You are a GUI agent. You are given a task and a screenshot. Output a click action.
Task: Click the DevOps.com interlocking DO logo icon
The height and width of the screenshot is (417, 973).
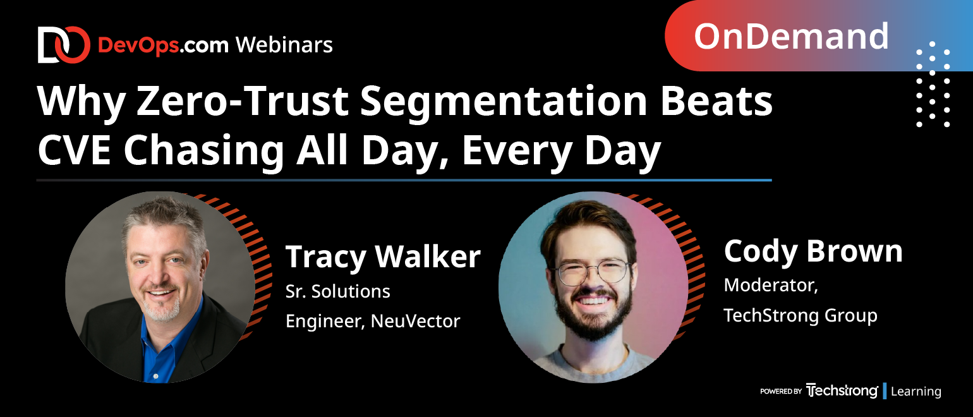click(64, 45)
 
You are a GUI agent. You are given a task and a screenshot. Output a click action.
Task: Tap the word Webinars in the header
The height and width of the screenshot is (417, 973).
click(284, 45)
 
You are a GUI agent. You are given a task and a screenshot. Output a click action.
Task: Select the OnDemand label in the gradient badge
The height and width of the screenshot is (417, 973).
click(791, 37)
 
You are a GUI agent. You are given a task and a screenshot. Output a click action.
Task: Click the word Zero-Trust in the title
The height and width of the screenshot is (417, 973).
click(243, 101)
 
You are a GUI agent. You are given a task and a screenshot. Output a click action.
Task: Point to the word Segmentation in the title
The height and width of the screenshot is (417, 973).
click(504, 102)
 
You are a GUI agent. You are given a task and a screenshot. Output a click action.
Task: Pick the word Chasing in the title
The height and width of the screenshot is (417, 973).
click(203, 152)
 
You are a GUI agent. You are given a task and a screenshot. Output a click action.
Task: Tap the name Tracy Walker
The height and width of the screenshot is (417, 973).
click(383, 257)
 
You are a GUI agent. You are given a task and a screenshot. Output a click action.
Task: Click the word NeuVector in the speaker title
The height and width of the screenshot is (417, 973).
click(415, 321)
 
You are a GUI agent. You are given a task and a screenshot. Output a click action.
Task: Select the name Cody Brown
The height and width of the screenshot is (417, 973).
click(813, 252)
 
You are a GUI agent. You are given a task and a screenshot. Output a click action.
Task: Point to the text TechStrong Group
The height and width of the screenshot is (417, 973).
click(800, 315)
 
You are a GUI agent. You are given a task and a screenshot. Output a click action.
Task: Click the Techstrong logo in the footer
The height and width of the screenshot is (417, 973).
click(842, 390)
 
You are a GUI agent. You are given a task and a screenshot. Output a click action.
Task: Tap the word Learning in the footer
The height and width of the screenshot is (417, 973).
click(916, 391)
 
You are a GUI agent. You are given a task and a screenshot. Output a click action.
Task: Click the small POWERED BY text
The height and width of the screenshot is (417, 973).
click(780, 391)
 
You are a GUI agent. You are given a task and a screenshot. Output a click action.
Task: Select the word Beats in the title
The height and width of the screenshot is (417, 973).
click(716, 101)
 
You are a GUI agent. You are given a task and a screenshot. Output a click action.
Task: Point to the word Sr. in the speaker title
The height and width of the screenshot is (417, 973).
click(295, 291)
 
